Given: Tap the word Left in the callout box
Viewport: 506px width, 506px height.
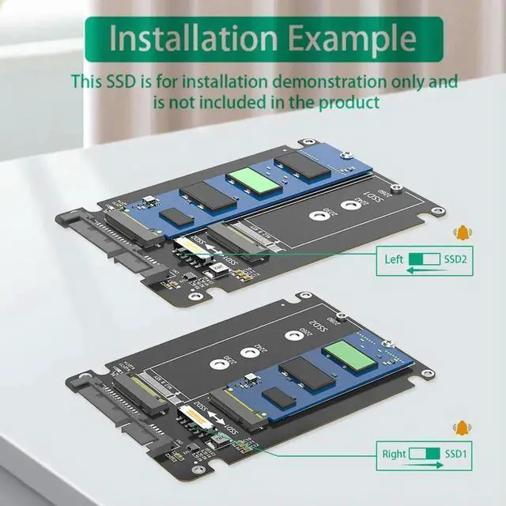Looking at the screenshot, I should (x=394, y=259).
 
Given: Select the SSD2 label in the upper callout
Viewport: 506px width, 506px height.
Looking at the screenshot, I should (x=455, y=259).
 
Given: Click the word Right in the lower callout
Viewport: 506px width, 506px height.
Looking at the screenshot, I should (x=395, y=454).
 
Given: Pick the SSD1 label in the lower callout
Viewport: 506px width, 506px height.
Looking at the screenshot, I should (x=456, y=454).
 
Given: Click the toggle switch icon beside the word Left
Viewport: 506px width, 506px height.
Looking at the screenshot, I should (x=425, y=259).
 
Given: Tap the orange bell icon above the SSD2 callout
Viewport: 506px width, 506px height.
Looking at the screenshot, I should (x=460, y=232).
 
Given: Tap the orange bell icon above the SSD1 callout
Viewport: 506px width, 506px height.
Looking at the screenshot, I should (x=460, y=428).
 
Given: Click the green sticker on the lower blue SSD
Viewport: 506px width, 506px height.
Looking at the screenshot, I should (x=349, y=352).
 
